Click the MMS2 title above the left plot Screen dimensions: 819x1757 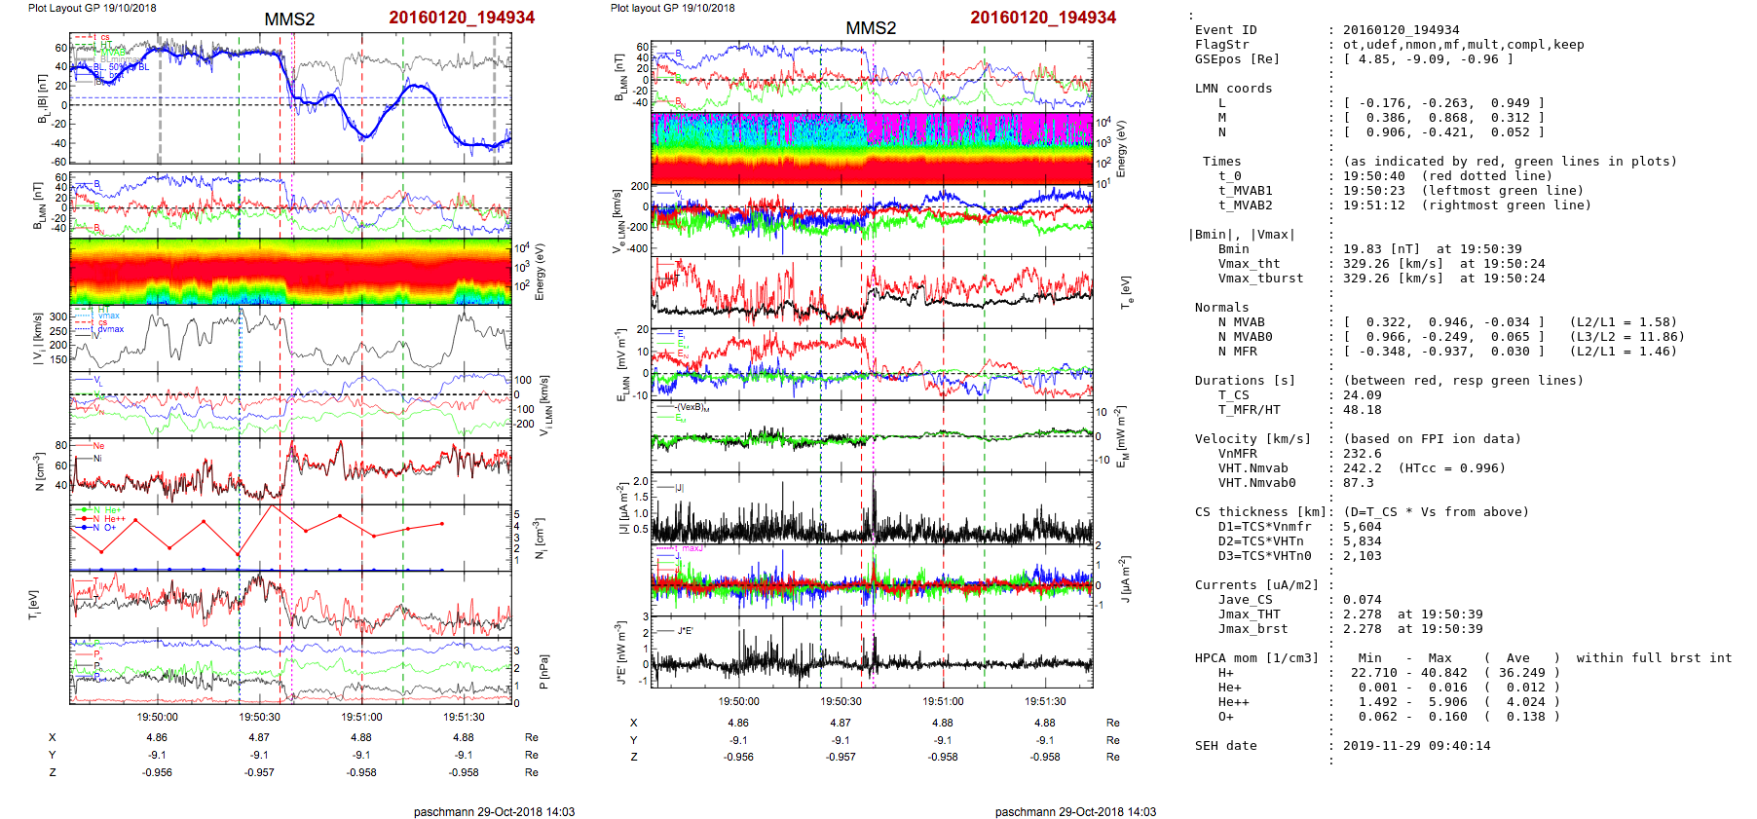289,19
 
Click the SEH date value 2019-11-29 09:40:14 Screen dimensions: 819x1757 1416,746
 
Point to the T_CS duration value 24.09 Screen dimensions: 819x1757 1362,395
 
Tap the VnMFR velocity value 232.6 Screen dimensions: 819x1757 1362,454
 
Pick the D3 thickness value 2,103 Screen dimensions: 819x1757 1362,556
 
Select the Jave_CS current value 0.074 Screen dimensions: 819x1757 1362,600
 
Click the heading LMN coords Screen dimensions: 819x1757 1233,89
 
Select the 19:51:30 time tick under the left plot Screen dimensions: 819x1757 464,717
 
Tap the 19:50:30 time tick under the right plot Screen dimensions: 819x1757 841,701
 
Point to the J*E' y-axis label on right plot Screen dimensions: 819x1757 620,652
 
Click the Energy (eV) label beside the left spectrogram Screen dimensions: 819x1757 540,272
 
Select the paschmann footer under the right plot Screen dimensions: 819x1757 1075,811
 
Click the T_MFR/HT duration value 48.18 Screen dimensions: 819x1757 1362,410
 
